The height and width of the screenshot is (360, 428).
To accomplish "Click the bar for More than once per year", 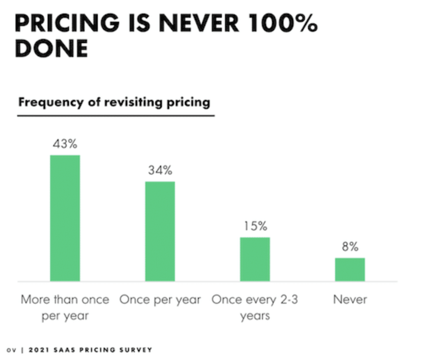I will click(65, 218).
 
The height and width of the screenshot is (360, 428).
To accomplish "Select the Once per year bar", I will click(160, 231).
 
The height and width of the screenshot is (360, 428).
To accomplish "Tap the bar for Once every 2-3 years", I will click(255, 259).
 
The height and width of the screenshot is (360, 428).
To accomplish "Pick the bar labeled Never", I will click(350, 270).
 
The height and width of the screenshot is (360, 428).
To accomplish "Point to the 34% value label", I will click(160, 171).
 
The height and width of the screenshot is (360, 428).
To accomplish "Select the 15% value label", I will click(255, 226).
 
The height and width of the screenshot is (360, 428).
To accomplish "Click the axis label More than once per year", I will click(65, 308).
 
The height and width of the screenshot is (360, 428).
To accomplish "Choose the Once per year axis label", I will click(160, 300).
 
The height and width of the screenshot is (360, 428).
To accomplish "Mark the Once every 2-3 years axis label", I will click(255, 308).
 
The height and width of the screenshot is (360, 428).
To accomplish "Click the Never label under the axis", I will click(350, 300).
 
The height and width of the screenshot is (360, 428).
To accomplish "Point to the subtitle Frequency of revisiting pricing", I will click(114, 102).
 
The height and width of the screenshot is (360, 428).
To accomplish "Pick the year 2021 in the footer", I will click(38, 350).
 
